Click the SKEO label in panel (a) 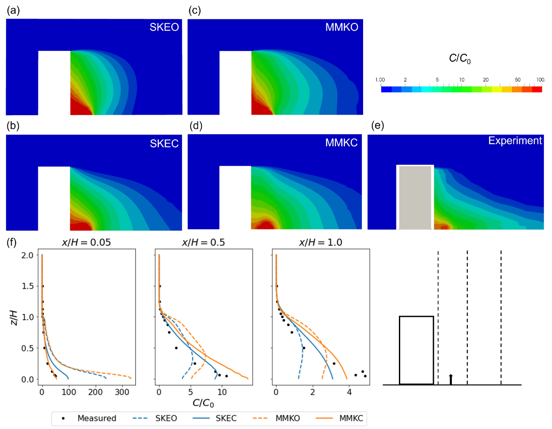point(164,27)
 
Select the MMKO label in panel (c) point(342,27)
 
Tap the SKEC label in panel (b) point(164,144)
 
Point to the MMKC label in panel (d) point(341,143)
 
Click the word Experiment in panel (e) point(515,141)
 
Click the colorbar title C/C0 point(460,59)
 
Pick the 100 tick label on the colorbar point(540,80)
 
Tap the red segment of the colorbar point(537,89)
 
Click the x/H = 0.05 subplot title point(86,242)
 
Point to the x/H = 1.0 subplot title point(320,242)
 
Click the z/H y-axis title point(14,317)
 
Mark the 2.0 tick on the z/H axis point(27,255)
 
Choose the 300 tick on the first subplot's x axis point(122,392)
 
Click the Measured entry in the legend point(97,418)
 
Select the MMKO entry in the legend point(288,418)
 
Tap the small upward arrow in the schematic point(451,379)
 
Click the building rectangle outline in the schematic point(416,317)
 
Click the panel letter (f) point(12,242)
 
